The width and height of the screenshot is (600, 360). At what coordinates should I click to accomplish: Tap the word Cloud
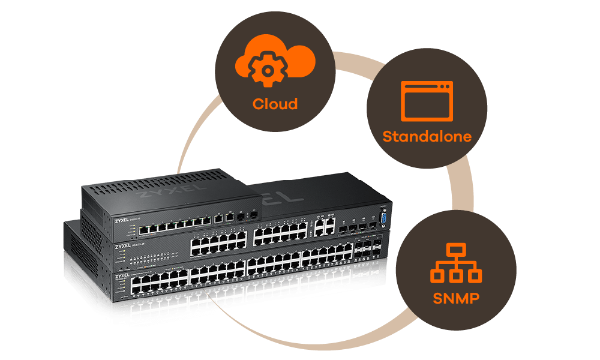point(275,104)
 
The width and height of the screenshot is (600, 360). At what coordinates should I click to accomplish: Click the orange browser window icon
point(427,100)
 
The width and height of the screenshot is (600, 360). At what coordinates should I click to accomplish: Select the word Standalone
point(427,136)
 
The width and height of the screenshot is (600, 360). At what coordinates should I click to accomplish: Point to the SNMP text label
point(456,297)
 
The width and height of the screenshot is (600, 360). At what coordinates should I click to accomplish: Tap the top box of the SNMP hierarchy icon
point(456,250)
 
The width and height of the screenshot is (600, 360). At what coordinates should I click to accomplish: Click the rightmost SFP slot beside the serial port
point(372,227)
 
